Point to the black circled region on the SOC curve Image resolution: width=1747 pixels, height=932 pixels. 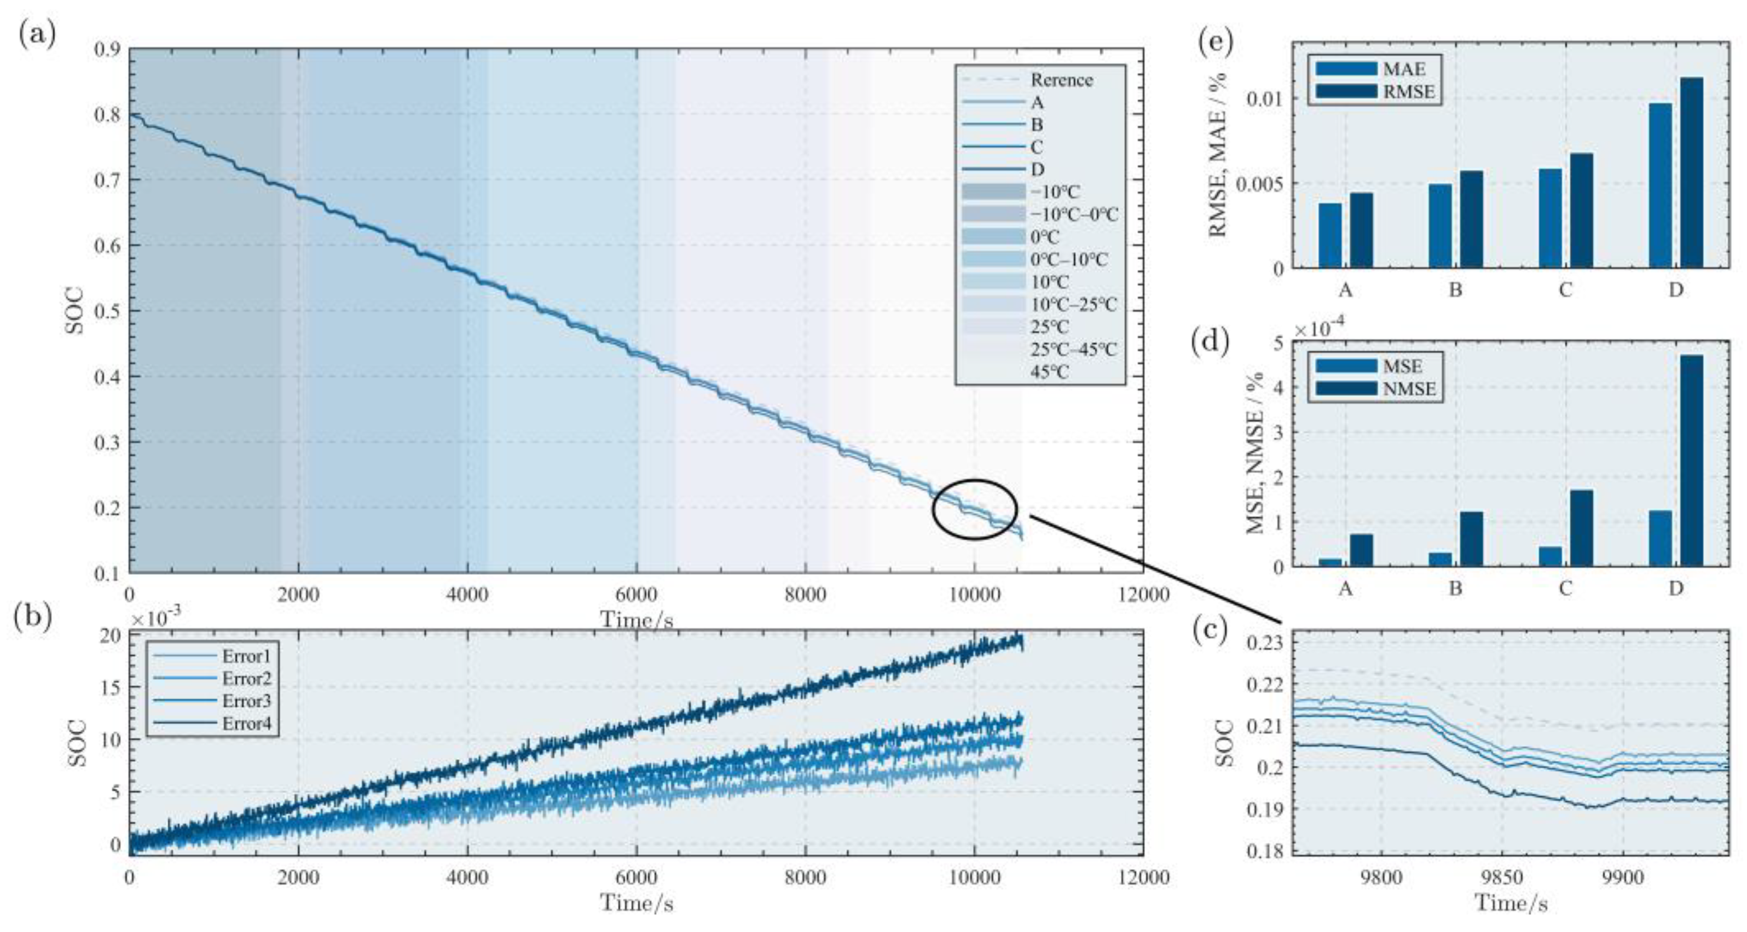[975, 509]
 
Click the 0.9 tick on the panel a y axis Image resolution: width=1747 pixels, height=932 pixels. [107, 49]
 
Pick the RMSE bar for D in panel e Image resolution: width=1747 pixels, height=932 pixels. [1692, 173]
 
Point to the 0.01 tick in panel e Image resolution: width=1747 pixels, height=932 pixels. [1265, 99]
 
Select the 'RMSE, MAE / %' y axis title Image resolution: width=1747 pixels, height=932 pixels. [1219, 156]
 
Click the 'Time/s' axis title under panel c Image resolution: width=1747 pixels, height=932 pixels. [1511, 904]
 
